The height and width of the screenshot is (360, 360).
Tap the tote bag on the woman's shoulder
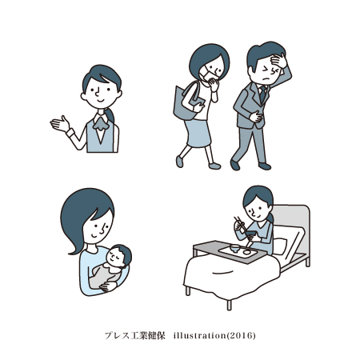point(186,102)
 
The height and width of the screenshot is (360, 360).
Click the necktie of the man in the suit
point(262,94)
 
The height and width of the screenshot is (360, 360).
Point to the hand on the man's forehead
point(278,60)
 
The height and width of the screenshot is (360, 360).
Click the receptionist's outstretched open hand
point(60,124)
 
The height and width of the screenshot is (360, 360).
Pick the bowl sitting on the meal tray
point(235,248)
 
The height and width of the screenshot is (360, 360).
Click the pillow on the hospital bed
point(280,246)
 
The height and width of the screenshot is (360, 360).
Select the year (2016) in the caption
point(241,335)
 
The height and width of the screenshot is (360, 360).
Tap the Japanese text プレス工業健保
point(134,335)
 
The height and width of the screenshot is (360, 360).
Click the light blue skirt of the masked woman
point(198,134)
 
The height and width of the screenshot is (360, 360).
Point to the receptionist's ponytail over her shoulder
point(110,115)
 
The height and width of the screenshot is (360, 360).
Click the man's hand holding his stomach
point(255,117)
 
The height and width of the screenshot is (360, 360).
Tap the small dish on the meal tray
point(246,252)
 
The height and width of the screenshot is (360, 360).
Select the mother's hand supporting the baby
point(108,286)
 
